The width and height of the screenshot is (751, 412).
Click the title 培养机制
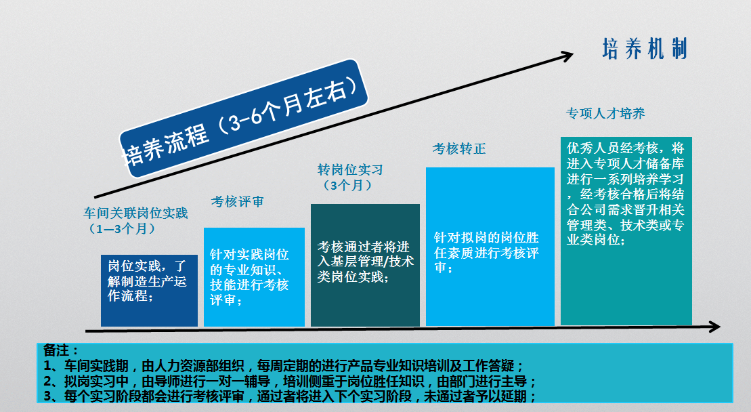(645, 49)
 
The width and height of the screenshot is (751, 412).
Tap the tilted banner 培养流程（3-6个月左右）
(243, 119)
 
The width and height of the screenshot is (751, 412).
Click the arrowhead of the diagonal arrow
(567, 56)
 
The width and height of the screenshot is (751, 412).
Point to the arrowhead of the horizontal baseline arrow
(714, 327)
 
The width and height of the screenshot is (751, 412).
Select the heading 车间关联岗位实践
(135, 213)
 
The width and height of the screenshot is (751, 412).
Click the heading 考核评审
(238, 202)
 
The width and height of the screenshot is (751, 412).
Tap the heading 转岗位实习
(350, 169)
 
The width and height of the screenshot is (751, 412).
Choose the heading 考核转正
(459, 149)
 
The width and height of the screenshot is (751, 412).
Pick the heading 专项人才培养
(605, 114)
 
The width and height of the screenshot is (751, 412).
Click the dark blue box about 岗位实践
(149, 290)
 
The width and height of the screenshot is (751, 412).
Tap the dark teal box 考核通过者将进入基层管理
(365, 265)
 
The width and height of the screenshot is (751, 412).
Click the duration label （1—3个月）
(122, 228)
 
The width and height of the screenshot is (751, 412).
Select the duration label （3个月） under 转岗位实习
(347, 185)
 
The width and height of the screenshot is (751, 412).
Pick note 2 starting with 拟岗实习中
(289, 382)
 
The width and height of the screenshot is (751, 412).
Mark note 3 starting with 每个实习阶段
(289, 396)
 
